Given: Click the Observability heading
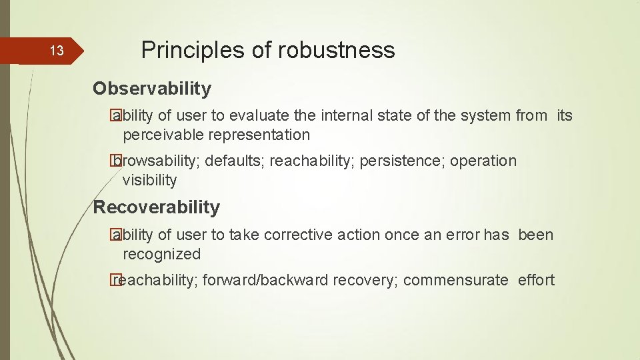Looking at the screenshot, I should pos(152,88).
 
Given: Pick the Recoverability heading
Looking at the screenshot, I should pos(156,207).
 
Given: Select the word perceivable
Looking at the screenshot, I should pos(163,135).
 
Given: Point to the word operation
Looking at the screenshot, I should pos(483,161).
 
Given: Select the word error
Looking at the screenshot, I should pos(461,235).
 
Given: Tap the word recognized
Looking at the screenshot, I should pos(161,254).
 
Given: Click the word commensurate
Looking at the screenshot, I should pos(455,280).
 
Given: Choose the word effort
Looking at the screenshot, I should pos(536,280).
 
